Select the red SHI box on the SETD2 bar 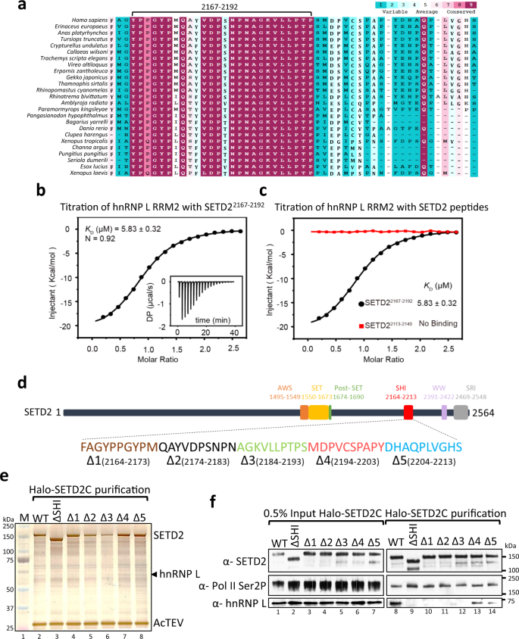408,412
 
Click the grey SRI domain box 460,412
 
